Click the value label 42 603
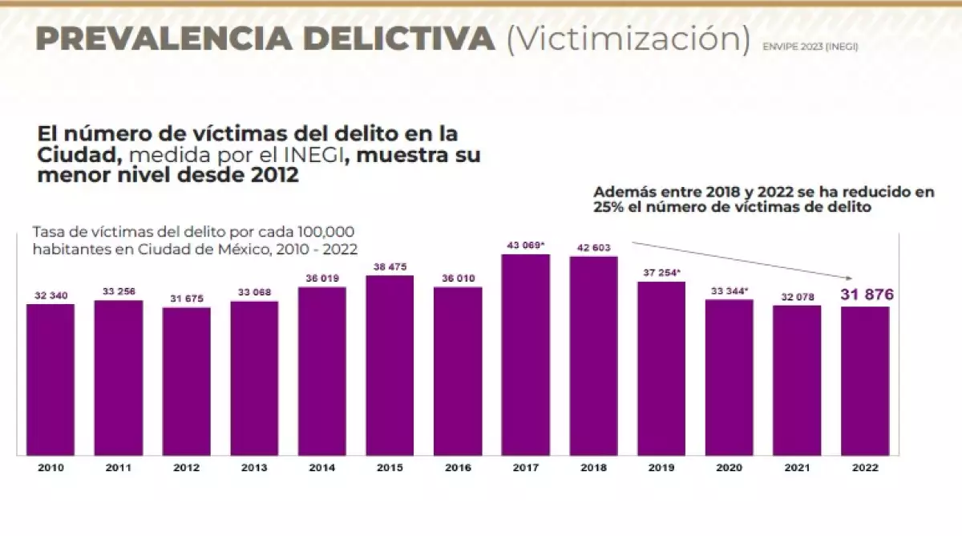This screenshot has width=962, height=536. point(594,247)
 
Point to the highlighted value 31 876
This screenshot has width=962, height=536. point(866,294)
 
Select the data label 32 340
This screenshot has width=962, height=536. point(51,295)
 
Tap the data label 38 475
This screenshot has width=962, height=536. point(390,266)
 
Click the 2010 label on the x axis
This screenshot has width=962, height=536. point(51,467)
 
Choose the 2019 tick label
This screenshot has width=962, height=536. point(661,467)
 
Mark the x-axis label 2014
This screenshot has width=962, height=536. point(322,467)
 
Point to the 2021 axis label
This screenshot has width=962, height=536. point(797,467)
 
